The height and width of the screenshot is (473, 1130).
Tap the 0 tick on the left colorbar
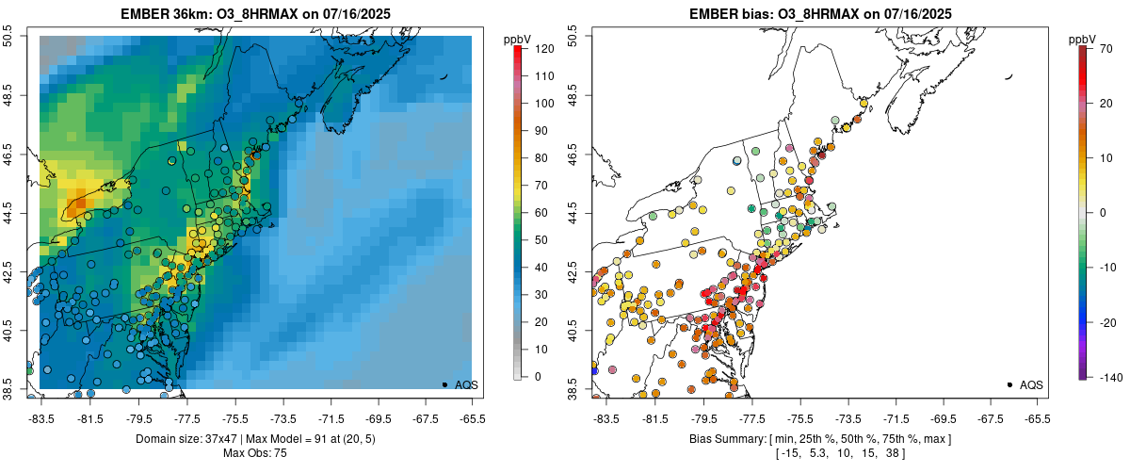pos(535,377)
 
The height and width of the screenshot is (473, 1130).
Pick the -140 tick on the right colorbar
pos(1108,377)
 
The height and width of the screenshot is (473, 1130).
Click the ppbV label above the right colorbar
pos(1083,39)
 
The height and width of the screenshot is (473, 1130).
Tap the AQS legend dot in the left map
pos(444,384)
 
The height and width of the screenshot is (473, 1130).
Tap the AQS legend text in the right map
pos(1031,384)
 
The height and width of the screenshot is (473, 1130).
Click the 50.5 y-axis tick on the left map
pos(9,36)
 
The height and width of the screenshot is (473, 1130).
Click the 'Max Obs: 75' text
pos(256,453)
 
